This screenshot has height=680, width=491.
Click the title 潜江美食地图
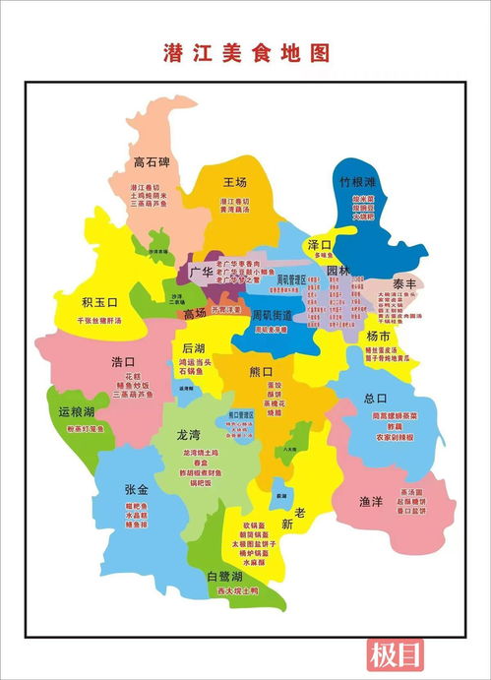pyautogui.click(x=246, y=53)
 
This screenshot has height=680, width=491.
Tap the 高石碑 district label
pyautogui.click(x=153, y=163)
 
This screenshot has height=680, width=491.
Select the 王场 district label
pyautogui.click(x=234, y=182)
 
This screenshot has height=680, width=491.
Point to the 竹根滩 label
pyautogui.click(x=358, y=182)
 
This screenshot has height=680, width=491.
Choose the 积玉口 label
pyautogui.click(x=99, y=302)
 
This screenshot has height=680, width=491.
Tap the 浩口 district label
pyautogui.click(x=125, y=361)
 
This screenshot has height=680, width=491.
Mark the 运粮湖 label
pyautogui.click(x=77, y=411)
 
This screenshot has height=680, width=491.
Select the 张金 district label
pyautogui.click(x=136, y=489)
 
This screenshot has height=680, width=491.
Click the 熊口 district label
pyautogui.click(x=261, y=371)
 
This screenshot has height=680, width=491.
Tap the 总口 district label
pyautogui.click(x=376, y=399)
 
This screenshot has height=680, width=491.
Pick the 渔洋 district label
pyautogui.click(x=370, y=502)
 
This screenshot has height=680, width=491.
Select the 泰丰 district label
pyautogui.click(x=404, y=282)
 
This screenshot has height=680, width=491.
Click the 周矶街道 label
pyautogui.click(x=273, y=315)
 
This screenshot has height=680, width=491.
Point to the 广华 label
pyautogui.click(x=202, y=270)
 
